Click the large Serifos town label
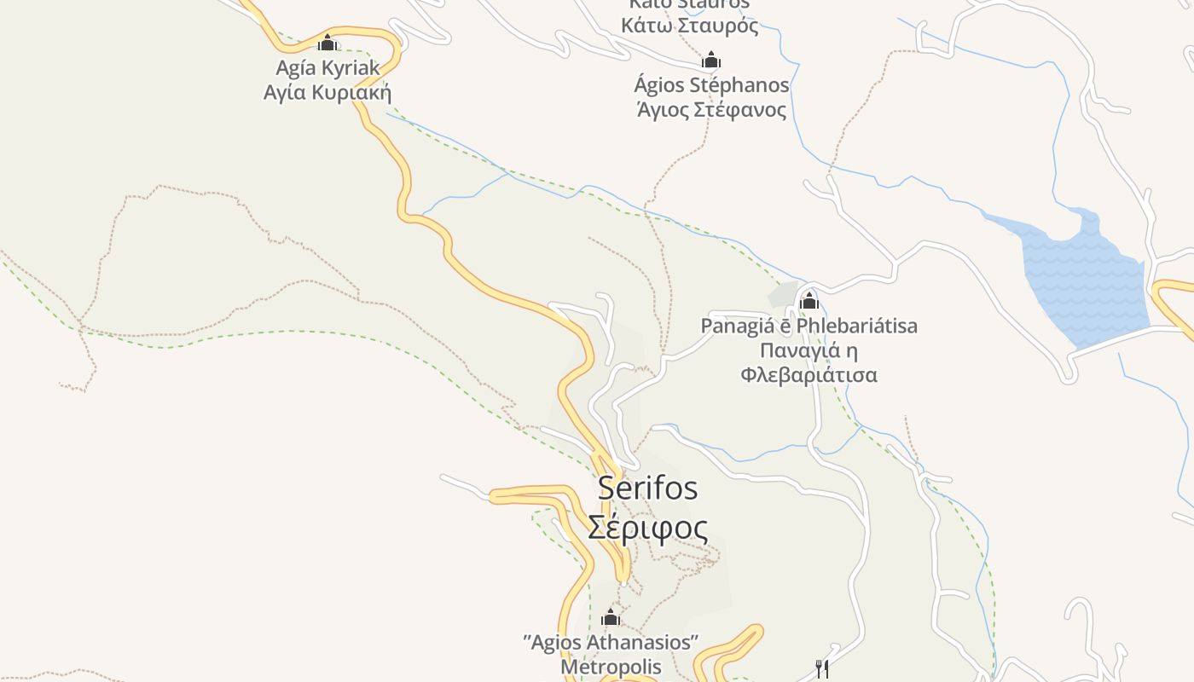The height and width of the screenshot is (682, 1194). click(647, 488)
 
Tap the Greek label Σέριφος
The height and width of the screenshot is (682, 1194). click(647, 528)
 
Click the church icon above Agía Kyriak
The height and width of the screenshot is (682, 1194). click(327, 43)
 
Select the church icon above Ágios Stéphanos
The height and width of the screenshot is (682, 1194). click(711, 60)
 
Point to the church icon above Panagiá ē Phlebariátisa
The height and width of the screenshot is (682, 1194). click(809, 300)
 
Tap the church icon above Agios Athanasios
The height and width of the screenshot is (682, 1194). click(611, 617)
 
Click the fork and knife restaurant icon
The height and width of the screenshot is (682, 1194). click(822, 669)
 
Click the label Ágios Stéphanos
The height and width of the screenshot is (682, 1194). click(711, 85)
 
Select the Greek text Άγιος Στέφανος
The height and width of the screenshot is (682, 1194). click(711, 110)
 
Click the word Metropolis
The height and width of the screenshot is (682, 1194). click(611, 667)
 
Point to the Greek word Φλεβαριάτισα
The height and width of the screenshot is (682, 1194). click(809, 375)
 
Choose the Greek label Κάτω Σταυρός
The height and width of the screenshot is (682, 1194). click(689, 26)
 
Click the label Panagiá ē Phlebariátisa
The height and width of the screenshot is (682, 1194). click(809, 326)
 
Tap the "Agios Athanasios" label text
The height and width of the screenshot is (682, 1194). click(611, 642)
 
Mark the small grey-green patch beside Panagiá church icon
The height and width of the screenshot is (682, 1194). click(782, 294)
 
